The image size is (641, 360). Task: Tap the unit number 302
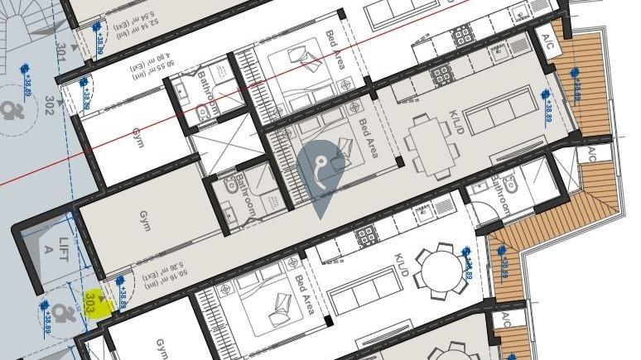coord(50,105)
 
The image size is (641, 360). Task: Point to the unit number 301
coord(60,54)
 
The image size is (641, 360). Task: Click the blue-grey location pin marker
coord(320,171)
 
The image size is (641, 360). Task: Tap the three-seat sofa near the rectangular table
coord(499,109)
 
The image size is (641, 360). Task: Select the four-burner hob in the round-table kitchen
coord(365,238)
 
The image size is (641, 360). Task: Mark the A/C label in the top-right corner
coord(547,37)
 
